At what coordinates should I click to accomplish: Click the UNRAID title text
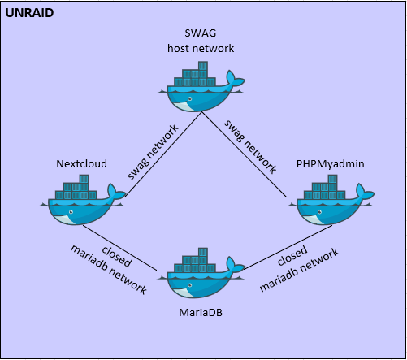pyautogui.click(x=29, y=13)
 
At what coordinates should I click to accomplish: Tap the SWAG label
pyautogui.click(x=201, y=33)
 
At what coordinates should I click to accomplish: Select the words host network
pyautogui.click(x=201, y=48)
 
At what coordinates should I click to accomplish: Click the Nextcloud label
pyautogui.click(x=81, y=163)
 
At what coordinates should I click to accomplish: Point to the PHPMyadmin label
pyautogui.click(x=330, y=164)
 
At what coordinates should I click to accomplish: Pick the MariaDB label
pyautogui.click(x=201, y=313)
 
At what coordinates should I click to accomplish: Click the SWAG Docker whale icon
pyautogui.click(x=201, y=87)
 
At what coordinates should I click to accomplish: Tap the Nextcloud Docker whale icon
pyautogui.click(x=82, y=200)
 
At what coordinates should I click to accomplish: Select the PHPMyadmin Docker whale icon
pyautogui.click(x=331, y=200)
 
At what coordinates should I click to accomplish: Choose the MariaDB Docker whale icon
pyautogui.click(x=201, y=273)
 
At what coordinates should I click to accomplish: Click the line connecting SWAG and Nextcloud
pyautogui.click(x=163, y=154)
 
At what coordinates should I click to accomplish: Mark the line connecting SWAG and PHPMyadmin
pyautogui.click(x=244, y=154)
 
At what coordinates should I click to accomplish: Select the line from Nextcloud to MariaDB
pyautogui.click(x=119, y=248)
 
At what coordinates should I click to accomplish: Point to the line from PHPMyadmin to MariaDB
pyautogui.click(x=288, y=247)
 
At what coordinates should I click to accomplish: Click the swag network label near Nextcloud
pyautogui.click(x=153, y=152)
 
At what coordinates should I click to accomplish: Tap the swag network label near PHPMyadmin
pyautogui.click(x=250, y=146)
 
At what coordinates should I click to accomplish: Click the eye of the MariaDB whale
pyautogui.click(x=190, y=285)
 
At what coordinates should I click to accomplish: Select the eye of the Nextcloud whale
pyautogui.click(x=71, y=212)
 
